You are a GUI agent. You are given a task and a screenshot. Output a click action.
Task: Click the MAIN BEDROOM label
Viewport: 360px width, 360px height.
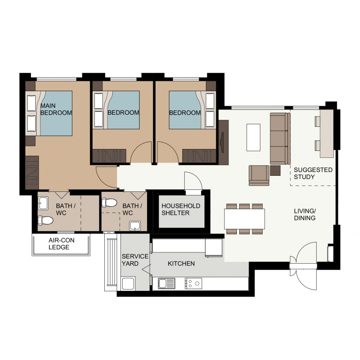(x=56, y=110)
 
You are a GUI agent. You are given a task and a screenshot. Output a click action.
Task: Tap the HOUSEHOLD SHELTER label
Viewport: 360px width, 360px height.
(x=180, y=210)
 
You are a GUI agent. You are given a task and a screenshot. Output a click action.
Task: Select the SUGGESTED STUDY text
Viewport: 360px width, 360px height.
(x=313, y=173)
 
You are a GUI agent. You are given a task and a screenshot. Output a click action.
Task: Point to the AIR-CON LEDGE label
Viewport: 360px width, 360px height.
(x=61, y=243)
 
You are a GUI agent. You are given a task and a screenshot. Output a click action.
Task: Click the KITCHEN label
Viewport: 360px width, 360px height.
(x=181, y=264)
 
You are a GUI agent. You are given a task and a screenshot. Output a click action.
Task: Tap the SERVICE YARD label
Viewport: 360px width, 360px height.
(x=135, y=260)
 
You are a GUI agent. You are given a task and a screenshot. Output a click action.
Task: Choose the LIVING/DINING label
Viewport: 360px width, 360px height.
(x=305, y=214)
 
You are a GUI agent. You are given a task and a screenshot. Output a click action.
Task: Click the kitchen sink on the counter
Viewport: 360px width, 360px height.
(x=166, y=283)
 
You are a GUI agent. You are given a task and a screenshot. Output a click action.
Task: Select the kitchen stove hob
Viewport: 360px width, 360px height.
(x=193, y=283)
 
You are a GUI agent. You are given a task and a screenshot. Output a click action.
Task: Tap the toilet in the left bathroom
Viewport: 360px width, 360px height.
(x=46, y=220)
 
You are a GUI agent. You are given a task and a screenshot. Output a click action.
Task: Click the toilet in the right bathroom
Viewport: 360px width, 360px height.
(x=110, y=203)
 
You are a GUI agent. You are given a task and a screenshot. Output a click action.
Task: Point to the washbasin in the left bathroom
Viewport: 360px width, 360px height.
(x=43, y=203)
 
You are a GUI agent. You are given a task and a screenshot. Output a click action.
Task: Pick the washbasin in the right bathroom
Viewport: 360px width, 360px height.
(x=135, y=226)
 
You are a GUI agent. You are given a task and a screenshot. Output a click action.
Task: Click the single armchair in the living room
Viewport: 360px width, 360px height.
(x=259, y=175)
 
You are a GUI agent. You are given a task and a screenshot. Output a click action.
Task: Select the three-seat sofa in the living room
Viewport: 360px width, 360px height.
(x=280, y=139)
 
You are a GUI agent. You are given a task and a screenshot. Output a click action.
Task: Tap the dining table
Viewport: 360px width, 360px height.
(x=244, y=219)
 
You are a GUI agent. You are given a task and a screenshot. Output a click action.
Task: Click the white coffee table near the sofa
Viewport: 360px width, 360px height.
(x=253, y=137)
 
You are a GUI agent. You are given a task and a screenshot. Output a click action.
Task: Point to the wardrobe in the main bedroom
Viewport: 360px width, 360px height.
(x=32, y=172)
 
